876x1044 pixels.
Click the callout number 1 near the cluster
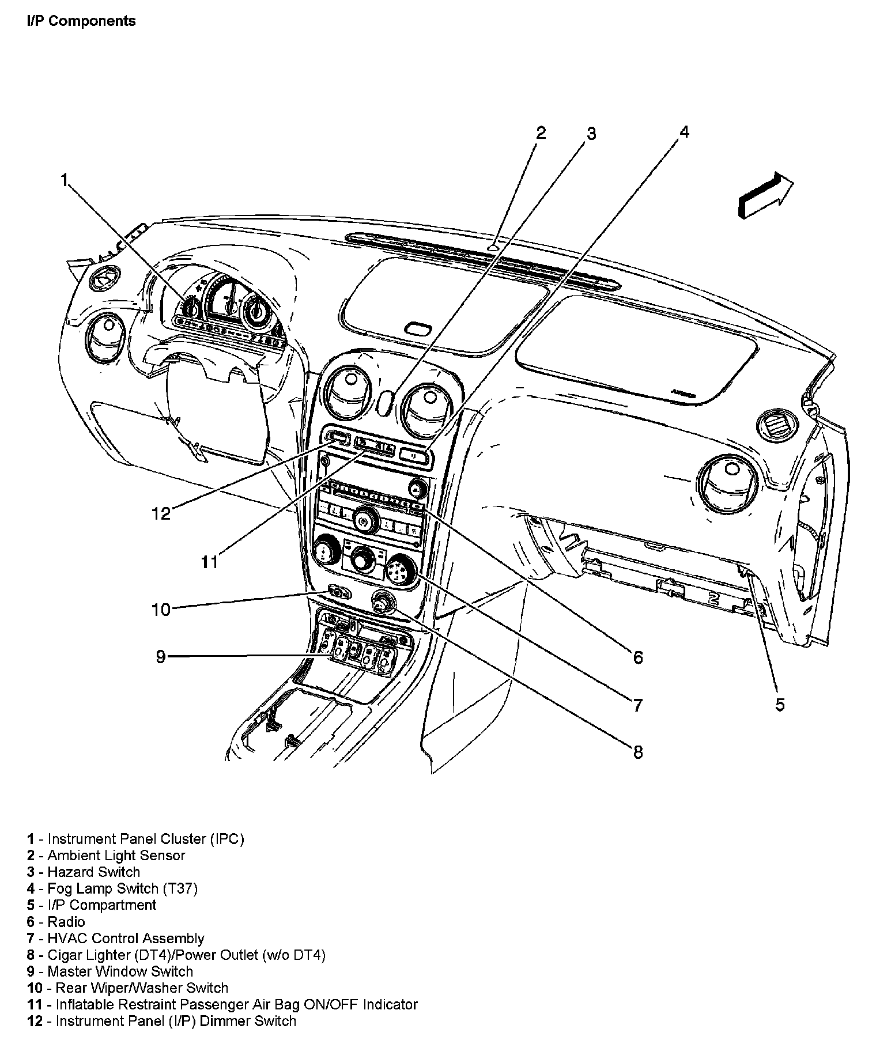(65, 180)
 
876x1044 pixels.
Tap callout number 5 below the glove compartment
(780, 704)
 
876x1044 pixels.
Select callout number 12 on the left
(161, 513)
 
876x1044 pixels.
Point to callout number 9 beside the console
(161, 656)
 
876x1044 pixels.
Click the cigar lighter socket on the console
(383, 603)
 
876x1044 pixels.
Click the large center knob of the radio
(363, 522)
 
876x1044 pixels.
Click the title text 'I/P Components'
(81, 21)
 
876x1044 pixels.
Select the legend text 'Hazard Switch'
(94, 872)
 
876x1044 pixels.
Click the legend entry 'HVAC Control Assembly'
(126, 939)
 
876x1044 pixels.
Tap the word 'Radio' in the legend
(66, 922)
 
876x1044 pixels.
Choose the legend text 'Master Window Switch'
(120, 971)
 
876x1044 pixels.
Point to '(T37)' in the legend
(180, 888)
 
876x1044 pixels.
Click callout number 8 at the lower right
(637, 752)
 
